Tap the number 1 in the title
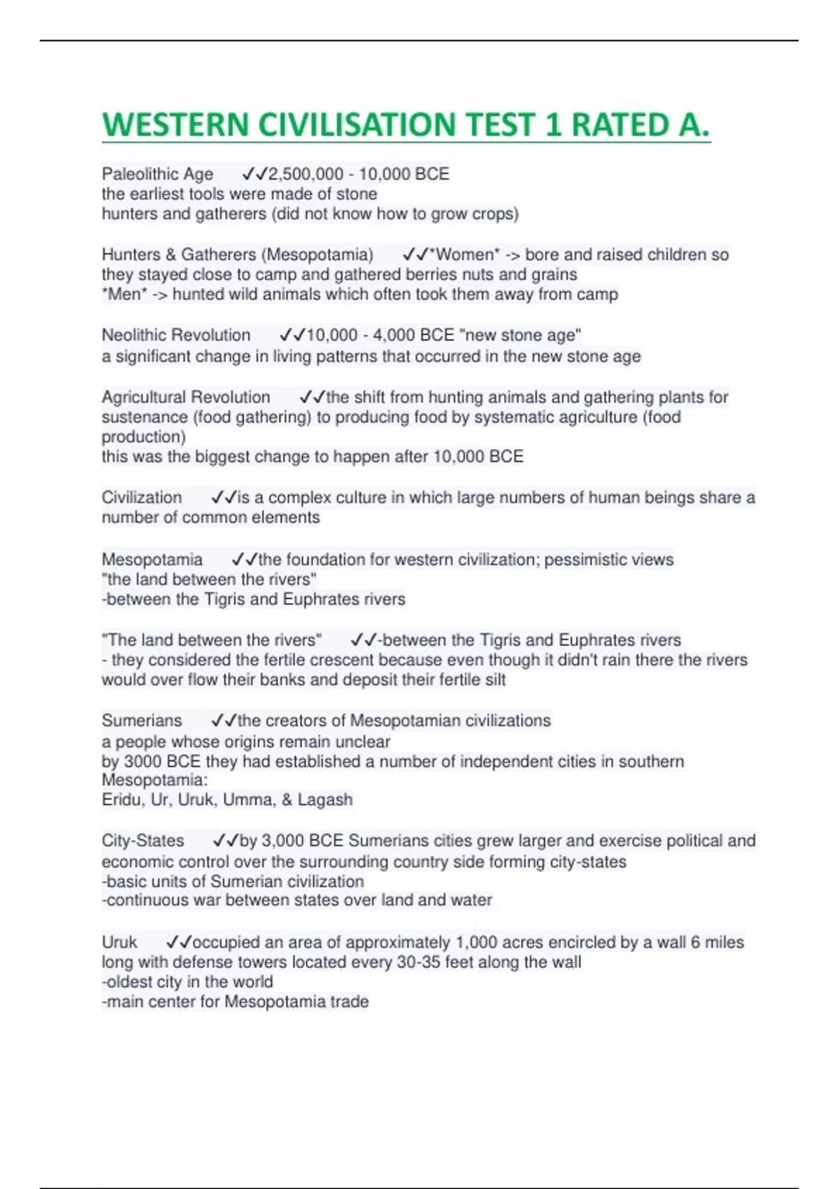tap(553, 125)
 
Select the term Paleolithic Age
tap(157, 174)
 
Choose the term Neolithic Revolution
tap(176, 335)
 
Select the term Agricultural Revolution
tap(186, 397)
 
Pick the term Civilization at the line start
tap(142, 497)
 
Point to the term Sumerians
tap(142, 720)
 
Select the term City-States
tap(143, 841)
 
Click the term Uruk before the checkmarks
tap(120, 942)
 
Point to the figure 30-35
tap(419, 962)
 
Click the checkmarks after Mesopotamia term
tap(244, 560)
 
